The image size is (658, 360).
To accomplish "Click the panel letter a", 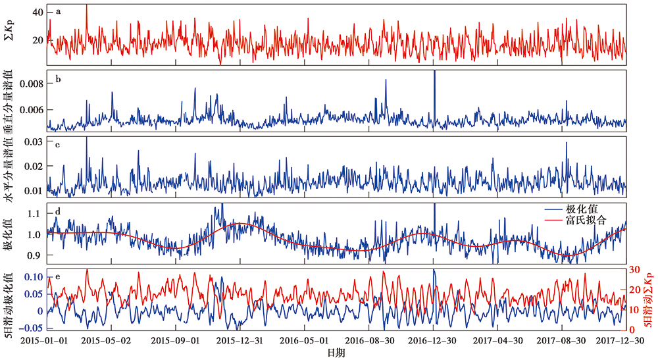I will [x=59, y=11].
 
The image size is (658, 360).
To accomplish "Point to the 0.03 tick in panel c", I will [x=34, y=142].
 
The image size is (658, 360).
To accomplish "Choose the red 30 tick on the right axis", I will [x=635, y=269].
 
